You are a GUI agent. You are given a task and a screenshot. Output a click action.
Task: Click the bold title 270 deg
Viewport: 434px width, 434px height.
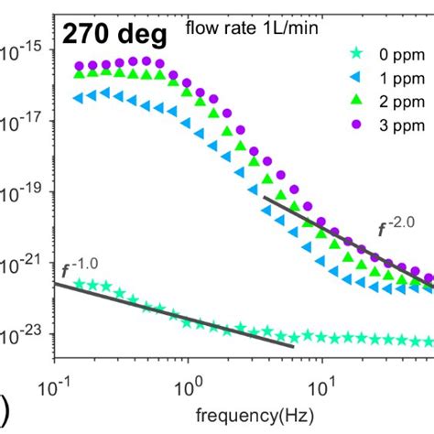pos(114,36)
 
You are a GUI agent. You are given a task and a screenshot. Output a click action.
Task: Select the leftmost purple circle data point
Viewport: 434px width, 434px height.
pos(79,66)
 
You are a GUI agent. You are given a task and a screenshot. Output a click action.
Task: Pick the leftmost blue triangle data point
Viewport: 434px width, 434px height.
pos(79,97)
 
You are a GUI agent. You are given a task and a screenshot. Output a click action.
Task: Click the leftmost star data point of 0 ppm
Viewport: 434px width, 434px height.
pos(79,285)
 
